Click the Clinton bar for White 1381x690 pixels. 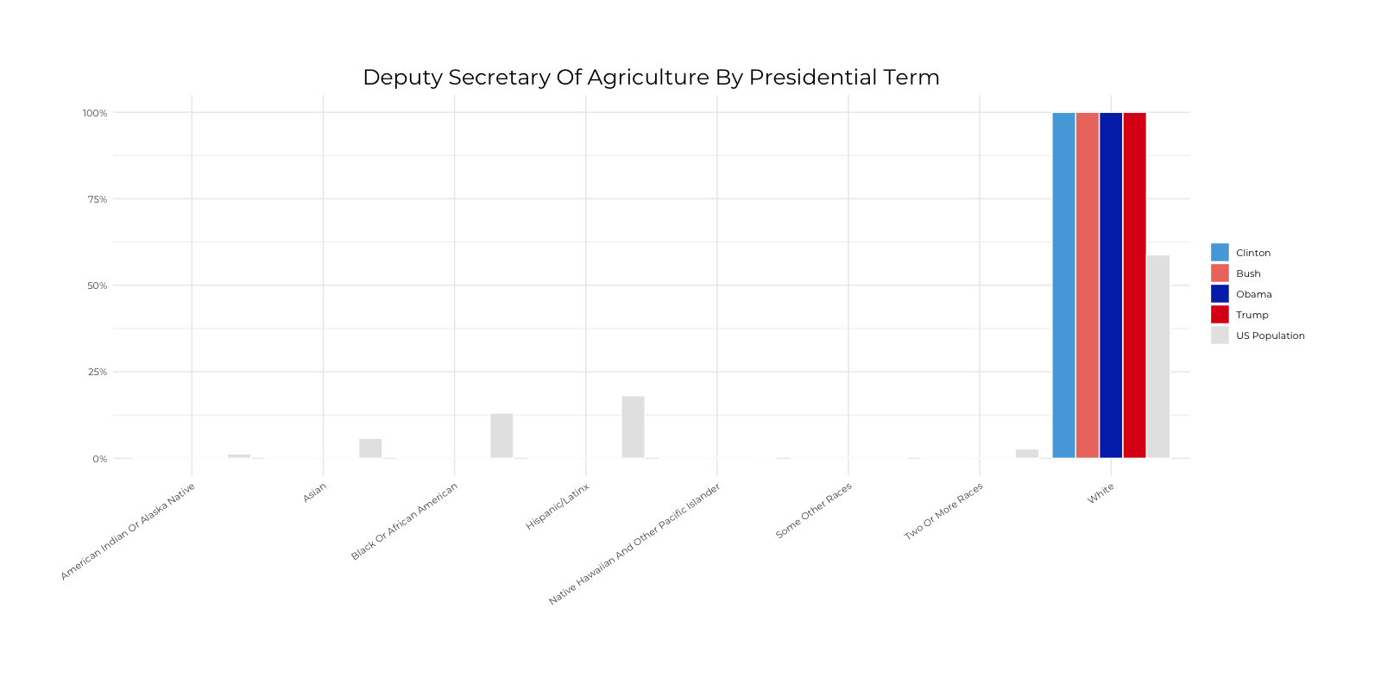(x=1063, y=285)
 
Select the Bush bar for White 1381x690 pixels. (x=1088, y=285)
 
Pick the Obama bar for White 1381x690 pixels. (x=1111, y=285)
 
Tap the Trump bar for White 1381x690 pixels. (x=1134, y=285)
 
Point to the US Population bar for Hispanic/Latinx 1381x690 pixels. (x=633, y=427)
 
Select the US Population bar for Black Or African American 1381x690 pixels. (x=501, y=436)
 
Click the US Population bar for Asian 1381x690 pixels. (x=370, y=448)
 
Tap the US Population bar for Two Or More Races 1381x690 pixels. (x=1027, y=454)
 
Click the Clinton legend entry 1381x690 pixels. (x=1252, y=253)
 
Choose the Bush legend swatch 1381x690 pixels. (x=1220, y=273)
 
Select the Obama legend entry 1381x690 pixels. (x=1253, y=294)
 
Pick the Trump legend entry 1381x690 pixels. (x=1252, y=315)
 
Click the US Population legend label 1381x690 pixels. (x=1270, y=336)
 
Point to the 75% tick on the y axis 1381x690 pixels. (x=97, y=199)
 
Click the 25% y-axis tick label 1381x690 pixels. (x=97, y=372)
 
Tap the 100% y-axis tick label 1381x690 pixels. (x=95, y=113)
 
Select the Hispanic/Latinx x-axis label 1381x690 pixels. (x=558, y=506)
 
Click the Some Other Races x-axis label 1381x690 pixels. (x=813, y=511)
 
